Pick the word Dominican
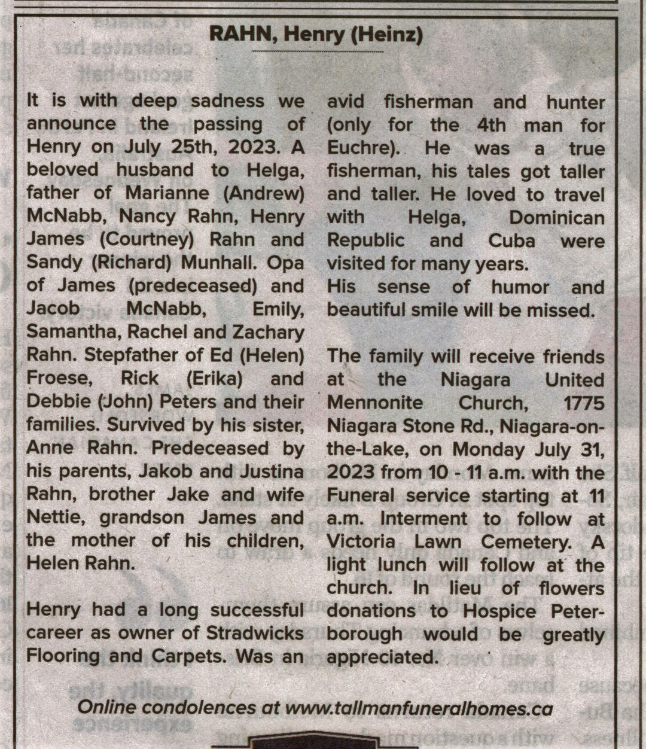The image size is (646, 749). click(x=556, y=218)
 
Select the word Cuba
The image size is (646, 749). click(x=511, y=241)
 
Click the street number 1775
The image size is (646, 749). click(x=584, y=403)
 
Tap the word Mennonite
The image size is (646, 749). click(x=375, y=403)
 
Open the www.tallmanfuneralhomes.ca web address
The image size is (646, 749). click(x=419, y=708)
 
